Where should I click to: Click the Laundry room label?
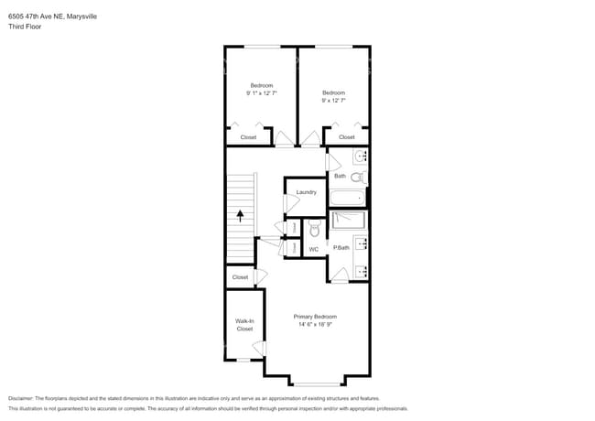coord(306,192)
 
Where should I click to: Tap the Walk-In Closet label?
coord(244,325)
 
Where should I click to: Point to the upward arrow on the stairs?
coord(241,216)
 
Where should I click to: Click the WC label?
coord(313,249)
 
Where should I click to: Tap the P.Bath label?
coord(341,248)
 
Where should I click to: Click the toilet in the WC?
coord(314,230)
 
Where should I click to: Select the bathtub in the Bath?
coord(347,198)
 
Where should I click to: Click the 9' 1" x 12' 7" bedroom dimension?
coord(262,93)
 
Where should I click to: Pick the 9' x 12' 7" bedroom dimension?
coord(333,100)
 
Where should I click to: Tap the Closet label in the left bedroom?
coord(248,137)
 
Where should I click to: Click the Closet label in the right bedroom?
coord(346,137)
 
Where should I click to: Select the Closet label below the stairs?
coord(240,277)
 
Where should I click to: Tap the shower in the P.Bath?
coord(348,220)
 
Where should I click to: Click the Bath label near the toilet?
coord(340,176)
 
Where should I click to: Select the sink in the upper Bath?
coord(360,157)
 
